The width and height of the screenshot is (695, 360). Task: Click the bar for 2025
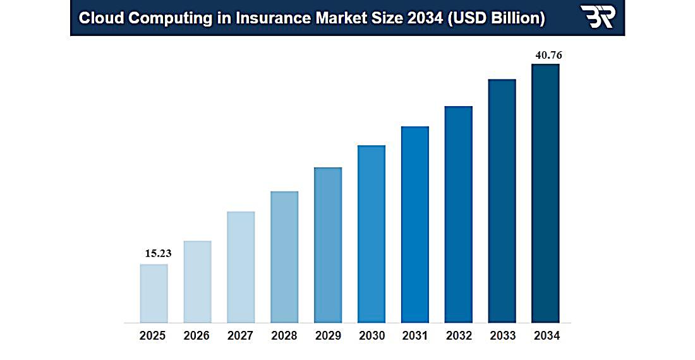[154, 293]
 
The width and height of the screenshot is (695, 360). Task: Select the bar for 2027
[241, 267]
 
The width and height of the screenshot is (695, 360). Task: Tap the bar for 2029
[328, 245]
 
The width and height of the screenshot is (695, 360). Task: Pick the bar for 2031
[415, 224]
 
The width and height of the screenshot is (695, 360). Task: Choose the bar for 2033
[502, 201]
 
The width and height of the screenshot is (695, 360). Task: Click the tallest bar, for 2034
[545, 193]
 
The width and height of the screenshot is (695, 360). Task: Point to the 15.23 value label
[158, 253]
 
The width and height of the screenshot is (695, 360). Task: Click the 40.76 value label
[548, 55]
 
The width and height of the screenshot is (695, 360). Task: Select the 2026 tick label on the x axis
[196, 336]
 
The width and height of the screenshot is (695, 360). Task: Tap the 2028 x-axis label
[284, 336]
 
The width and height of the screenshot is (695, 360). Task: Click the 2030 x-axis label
[372, 336]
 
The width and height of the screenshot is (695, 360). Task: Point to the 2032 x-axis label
[459, 336]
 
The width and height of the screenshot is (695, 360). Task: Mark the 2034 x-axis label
[546, 336]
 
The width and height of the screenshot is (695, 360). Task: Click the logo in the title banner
[597, 17]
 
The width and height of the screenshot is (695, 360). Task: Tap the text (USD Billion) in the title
[497, 18]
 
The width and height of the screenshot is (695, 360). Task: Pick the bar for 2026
[197, 282]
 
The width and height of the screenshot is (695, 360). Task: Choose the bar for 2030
[372, 234]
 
